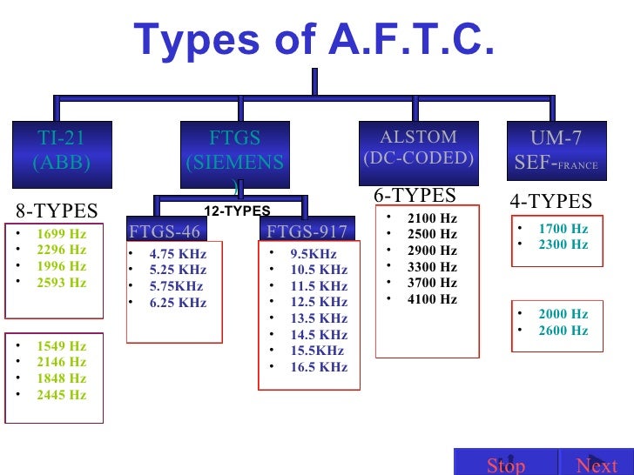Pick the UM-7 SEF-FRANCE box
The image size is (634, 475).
(x=556, y=151)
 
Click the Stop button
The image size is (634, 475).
(x=506, y=464)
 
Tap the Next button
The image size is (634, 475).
(x=597, y=464)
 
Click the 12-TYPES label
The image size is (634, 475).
(x=237, y=211)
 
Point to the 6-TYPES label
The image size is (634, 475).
(x=415, y=195)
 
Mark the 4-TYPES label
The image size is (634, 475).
(x=550, y=201)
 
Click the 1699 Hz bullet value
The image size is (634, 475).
(x=61, y=233)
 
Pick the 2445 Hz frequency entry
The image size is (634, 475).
(x=61, y=394)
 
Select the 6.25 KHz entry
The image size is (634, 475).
(x=178, y=303)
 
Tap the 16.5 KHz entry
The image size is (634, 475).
(x=319, y=367)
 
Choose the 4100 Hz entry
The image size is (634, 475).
(x=431, y=299)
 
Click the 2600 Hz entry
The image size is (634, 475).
(x=563, y=331)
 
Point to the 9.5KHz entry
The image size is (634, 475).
(x=314, y=253)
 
